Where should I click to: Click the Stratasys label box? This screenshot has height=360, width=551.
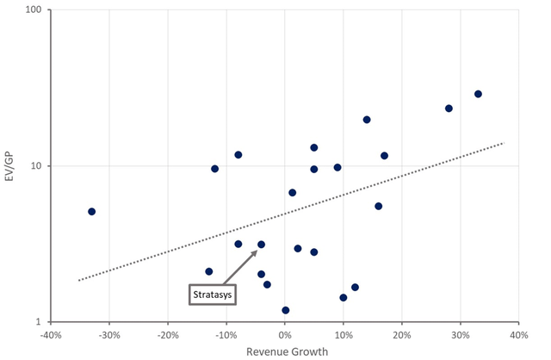coord(213,294)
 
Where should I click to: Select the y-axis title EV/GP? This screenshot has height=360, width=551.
coord(12,165)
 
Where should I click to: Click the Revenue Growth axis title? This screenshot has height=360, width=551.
coord(284,351)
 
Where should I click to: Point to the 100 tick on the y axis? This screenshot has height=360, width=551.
coord(37,10)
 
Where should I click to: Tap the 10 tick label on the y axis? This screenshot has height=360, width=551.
coord(40,165)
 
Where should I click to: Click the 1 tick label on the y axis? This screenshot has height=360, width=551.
coord(43,321)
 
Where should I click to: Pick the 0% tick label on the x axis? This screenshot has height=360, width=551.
coord(285,334)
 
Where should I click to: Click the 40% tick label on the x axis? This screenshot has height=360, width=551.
coord(518,334)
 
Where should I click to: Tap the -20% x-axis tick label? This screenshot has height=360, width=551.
coord(168,334)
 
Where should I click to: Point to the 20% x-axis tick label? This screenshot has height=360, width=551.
coord(402,334)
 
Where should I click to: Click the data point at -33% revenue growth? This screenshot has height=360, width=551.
coord(91,211)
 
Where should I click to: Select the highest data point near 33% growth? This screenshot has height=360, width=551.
coord(478,94)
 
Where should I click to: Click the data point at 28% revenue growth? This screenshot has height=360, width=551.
coord(449,109)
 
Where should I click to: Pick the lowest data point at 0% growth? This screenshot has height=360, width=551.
coord(285,310)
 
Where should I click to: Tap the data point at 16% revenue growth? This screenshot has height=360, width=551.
coord(378,206)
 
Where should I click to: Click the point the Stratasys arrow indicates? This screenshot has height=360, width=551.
coord(261,245)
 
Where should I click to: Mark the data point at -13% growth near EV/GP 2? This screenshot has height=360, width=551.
coord(208,271)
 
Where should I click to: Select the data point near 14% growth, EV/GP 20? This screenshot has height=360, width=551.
coord(367,120)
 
